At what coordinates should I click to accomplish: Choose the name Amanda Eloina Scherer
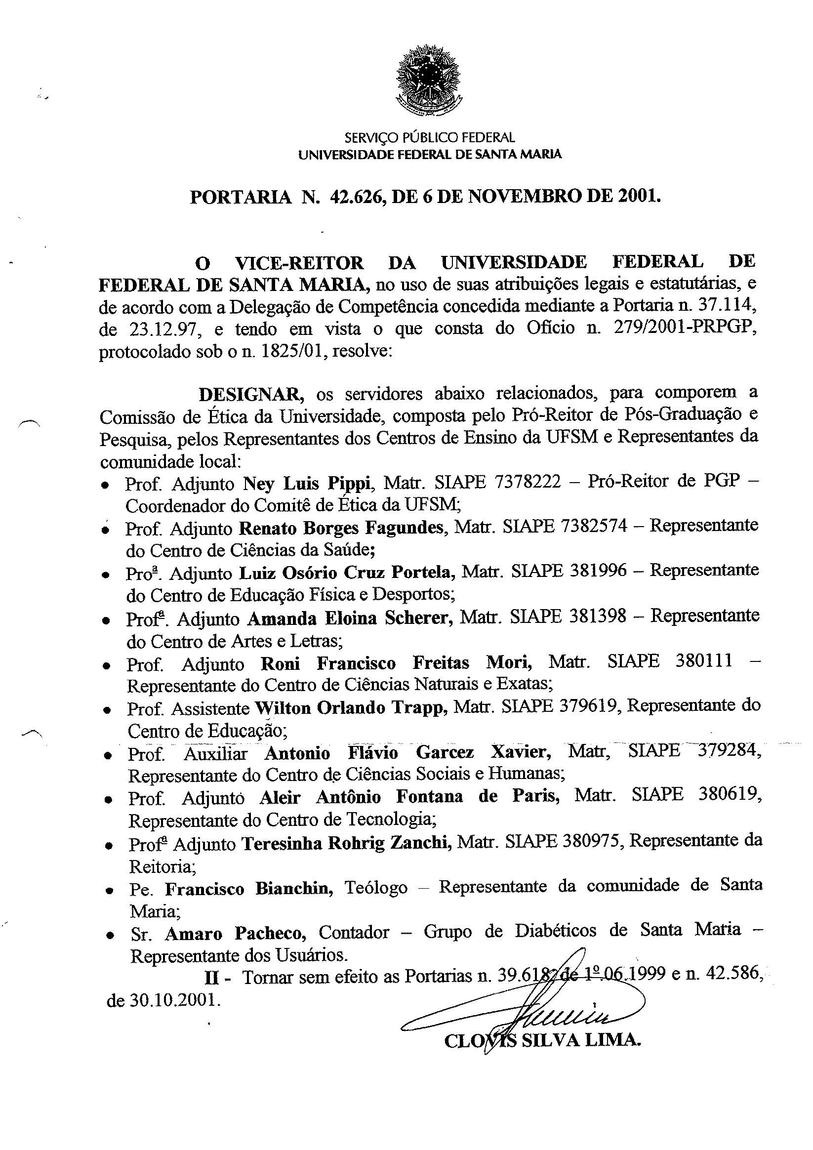(x=350, y=618)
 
